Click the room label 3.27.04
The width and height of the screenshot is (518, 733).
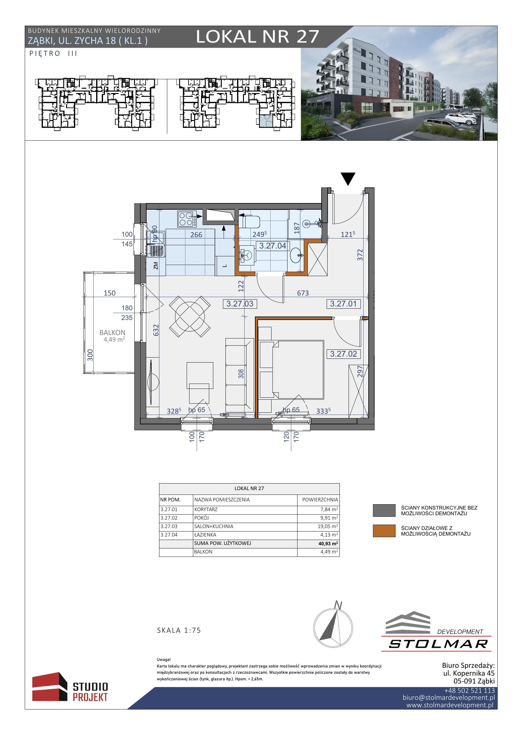(x=273, y=246)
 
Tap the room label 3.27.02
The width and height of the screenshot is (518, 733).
(x=343, y=354)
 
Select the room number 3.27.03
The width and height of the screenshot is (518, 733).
(x=240, y=304)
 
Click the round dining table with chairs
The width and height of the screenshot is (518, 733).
(x=190, y=317)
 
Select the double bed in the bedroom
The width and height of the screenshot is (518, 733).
(x=292, y=370)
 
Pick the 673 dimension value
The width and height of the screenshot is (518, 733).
(x=303, y=293)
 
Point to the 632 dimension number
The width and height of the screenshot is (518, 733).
(x=156, y=330)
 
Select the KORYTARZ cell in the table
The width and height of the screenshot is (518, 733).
(x=206, y=510)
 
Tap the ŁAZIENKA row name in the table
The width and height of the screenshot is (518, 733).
(x=205, y=535)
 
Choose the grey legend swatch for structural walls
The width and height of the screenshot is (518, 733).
(x=384, y=510)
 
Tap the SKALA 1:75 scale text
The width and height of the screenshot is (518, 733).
(x=179, y=630)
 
